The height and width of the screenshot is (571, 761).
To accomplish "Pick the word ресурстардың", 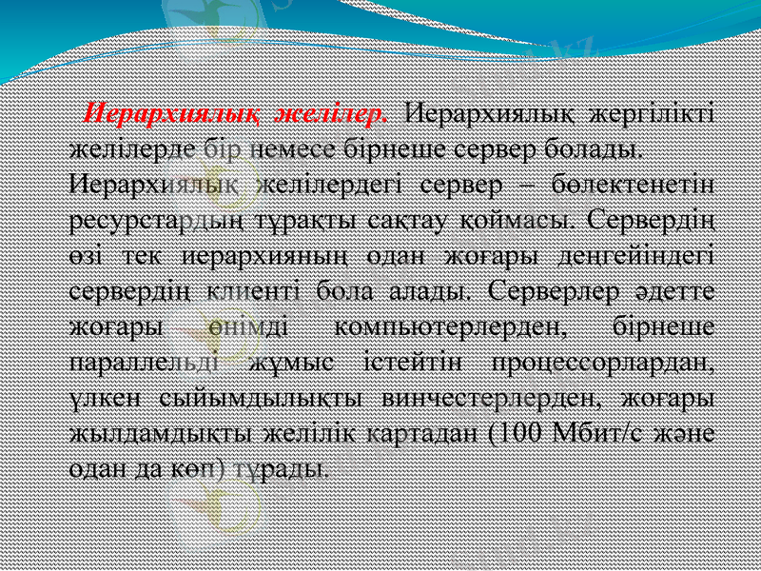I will tap(158, 218).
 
